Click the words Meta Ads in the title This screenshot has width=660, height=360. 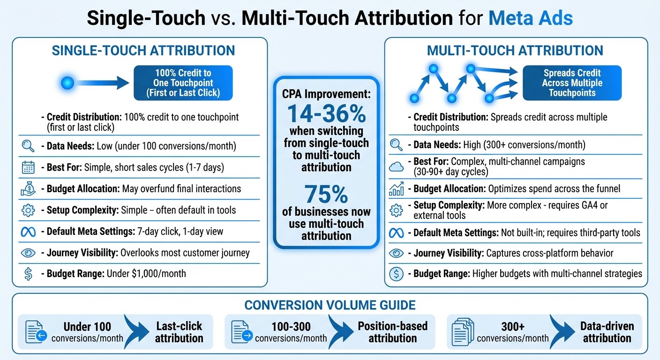(531, 18)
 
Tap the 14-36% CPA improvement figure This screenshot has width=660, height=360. (326, 113)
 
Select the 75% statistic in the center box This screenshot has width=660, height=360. (326, 194)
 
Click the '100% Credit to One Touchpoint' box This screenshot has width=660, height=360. (183, 83)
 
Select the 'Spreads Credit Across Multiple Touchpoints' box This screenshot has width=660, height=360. (572, 83)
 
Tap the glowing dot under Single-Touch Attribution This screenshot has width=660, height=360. (68, 83)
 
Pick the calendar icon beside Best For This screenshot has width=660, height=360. (28, 167)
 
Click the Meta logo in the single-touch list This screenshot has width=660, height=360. (28, 232)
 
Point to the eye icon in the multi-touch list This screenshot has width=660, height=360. (397, 253)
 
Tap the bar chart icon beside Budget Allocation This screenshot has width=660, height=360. (397, 189)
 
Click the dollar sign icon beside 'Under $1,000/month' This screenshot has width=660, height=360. (28, 274)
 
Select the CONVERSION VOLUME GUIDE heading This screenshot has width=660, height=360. (330, 306)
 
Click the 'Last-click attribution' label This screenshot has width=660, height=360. (179, 332)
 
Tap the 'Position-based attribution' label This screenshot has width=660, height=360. (393, 332)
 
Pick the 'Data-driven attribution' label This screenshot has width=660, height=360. (607, 332)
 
